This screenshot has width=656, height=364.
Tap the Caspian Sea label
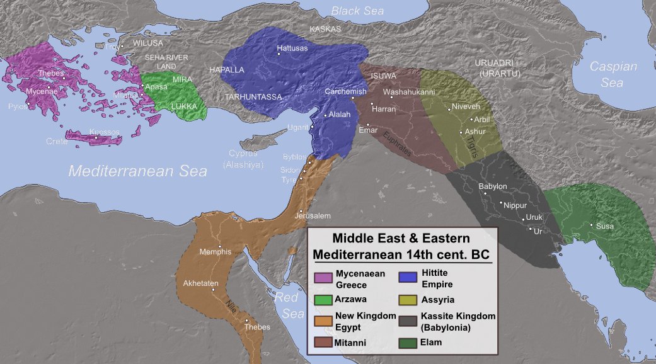point(613,74)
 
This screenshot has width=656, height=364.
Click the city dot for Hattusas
point(279,48)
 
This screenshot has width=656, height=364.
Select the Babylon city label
point(492,186)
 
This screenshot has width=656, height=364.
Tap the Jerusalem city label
point(312,216)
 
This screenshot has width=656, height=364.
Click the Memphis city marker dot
point(219,246)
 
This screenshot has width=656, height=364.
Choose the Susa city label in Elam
point(604,226)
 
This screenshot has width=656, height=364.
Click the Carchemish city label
point(345,91)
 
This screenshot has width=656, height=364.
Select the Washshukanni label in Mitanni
point(409,92)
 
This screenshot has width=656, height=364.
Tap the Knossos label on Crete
point(104,132)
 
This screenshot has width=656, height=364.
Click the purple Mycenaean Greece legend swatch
point(323,278)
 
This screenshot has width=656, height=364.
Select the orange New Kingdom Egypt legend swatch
point(323,321)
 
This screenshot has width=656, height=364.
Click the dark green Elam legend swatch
point(409,342)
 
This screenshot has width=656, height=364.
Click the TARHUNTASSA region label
point(253,97)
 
